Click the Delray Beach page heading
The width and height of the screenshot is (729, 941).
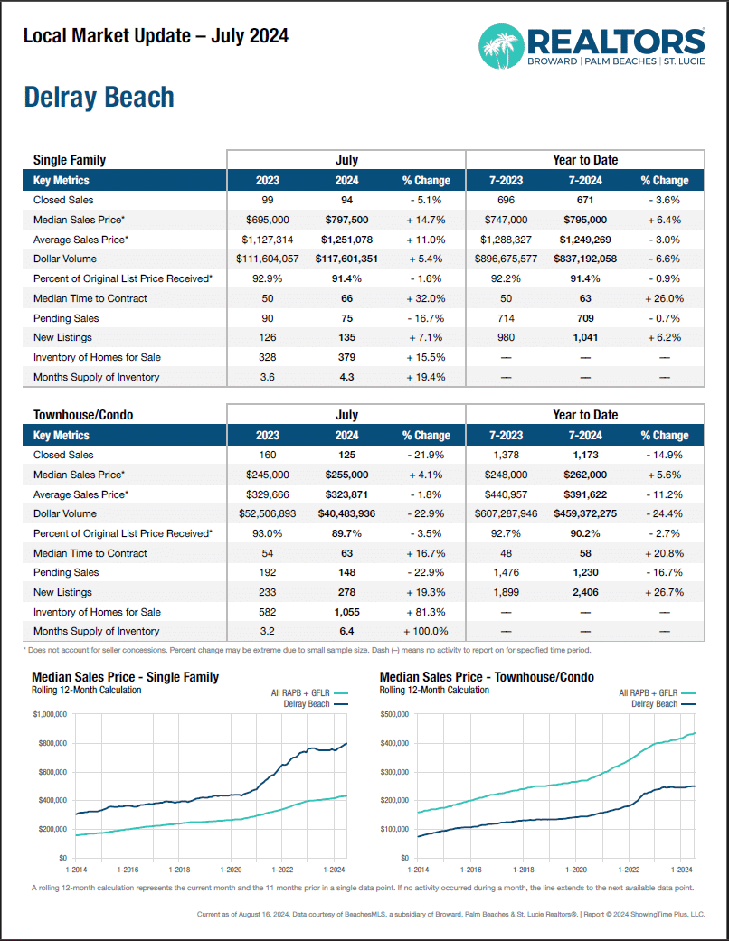(99, 98)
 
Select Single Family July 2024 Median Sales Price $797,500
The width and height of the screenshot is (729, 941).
(346, 220)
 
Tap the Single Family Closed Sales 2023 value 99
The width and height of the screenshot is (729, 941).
(267, 200)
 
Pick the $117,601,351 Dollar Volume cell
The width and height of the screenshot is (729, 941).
(346, 259)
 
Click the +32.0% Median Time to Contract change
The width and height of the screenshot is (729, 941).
(426, 298)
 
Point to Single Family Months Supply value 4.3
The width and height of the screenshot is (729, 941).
(346, 377)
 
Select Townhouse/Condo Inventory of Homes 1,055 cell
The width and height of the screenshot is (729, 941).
(346, 612)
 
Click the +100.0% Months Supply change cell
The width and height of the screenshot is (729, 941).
(426, 632)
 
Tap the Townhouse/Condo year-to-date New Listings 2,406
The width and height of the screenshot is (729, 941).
(585, 592)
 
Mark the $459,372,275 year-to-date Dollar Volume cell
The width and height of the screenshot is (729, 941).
(585, 513)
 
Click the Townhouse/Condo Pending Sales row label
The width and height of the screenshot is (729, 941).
(66, 572)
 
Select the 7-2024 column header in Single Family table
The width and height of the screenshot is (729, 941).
(585, 180)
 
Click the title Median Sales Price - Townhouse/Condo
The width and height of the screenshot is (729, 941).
(487, 677)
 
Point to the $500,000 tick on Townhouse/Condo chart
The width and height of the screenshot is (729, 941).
(396, 714)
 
